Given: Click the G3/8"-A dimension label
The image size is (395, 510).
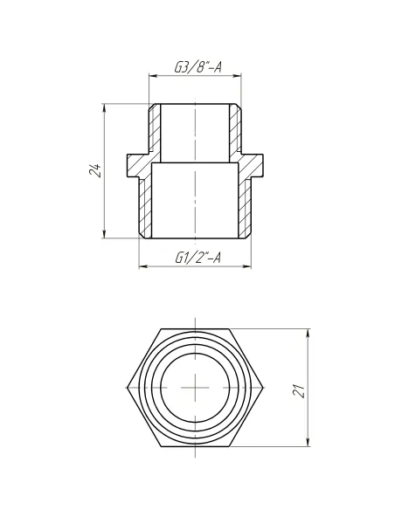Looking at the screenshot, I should pos(196,65).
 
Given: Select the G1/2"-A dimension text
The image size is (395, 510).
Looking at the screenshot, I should pos(197,258).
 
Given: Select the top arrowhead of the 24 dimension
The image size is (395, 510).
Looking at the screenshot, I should pos(107,108).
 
